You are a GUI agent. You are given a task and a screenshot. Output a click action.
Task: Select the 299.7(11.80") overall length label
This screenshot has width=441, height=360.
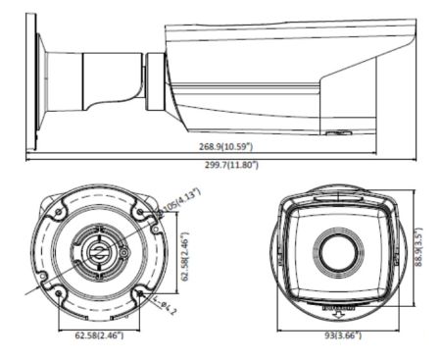[x=226, y=165]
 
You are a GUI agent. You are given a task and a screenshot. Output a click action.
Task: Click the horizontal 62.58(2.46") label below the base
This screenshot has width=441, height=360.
[x=98, y=335]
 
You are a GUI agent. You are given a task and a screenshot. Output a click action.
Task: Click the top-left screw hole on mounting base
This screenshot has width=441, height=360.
[x=58, y=211]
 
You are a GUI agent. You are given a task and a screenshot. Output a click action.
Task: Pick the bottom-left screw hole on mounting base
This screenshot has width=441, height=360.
[x=59, y=292]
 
